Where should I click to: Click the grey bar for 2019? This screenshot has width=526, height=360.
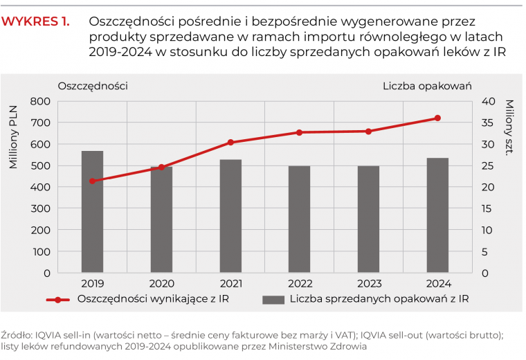92,211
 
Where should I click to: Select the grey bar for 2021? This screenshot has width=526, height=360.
230,215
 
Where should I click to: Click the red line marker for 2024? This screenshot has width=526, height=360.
437,118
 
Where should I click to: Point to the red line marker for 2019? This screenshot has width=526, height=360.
92,181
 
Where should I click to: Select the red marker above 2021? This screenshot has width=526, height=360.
230,143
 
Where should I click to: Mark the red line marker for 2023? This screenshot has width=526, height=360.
368,132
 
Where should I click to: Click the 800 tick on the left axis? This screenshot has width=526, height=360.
40,102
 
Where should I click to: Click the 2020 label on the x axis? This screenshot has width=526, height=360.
161,284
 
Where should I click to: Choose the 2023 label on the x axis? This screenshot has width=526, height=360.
368,284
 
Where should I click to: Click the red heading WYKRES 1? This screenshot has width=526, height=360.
35,21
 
